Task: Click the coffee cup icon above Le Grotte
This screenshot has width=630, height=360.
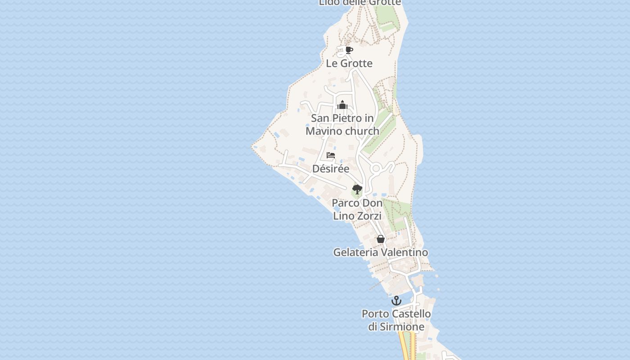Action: (349, 50)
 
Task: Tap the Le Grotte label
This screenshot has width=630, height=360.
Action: (349, 63)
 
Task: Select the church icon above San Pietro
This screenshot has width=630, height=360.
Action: (342, 105)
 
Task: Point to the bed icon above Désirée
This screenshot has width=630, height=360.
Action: (331, 156)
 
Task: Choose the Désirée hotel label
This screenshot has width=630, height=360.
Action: (331, 169)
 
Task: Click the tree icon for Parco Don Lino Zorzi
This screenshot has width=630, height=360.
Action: (357, 189)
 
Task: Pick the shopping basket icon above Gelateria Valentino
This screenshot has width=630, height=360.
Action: (381, 239)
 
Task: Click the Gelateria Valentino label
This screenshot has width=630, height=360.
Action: (380, 252)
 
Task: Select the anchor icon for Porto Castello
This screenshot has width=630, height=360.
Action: (396, 300)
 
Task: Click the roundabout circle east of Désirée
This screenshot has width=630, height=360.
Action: (376, 169)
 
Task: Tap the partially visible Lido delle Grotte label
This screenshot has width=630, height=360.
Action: (360, 3)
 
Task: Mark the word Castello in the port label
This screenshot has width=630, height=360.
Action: (411, 314)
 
